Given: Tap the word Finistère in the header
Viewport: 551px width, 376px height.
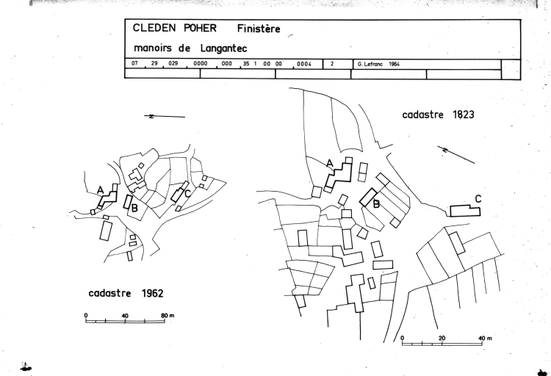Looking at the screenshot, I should click(259, 29).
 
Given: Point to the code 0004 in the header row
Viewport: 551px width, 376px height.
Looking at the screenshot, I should click(304, 64).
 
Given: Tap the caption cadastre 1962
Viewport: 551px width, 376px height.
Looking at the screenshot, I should click(126, 293).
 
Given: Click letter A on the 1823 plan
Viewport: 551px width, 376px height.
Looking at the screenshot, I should click(330, 163).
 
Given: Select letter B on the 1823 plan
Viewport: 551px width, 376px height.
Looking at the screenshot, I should click(376, 204).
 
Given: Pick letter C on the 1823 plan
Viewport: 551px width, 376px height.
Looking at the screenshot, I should click(478, 198).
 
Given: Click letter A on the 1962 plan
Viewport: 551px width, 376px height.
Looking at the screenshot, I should click(100, 189).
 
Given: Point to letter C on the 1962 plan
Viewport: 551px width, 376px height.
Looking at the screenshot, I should click(188, 193).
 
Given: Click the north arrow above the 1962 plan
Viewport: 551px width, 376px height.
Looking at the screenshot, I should click(165, 117).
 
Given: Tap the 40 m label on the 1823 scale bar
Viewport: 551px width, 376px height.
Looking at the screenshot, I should click(486, 338).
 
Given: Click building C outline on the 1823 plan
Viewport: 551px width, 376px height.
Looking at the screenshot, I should click(464, 211).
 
